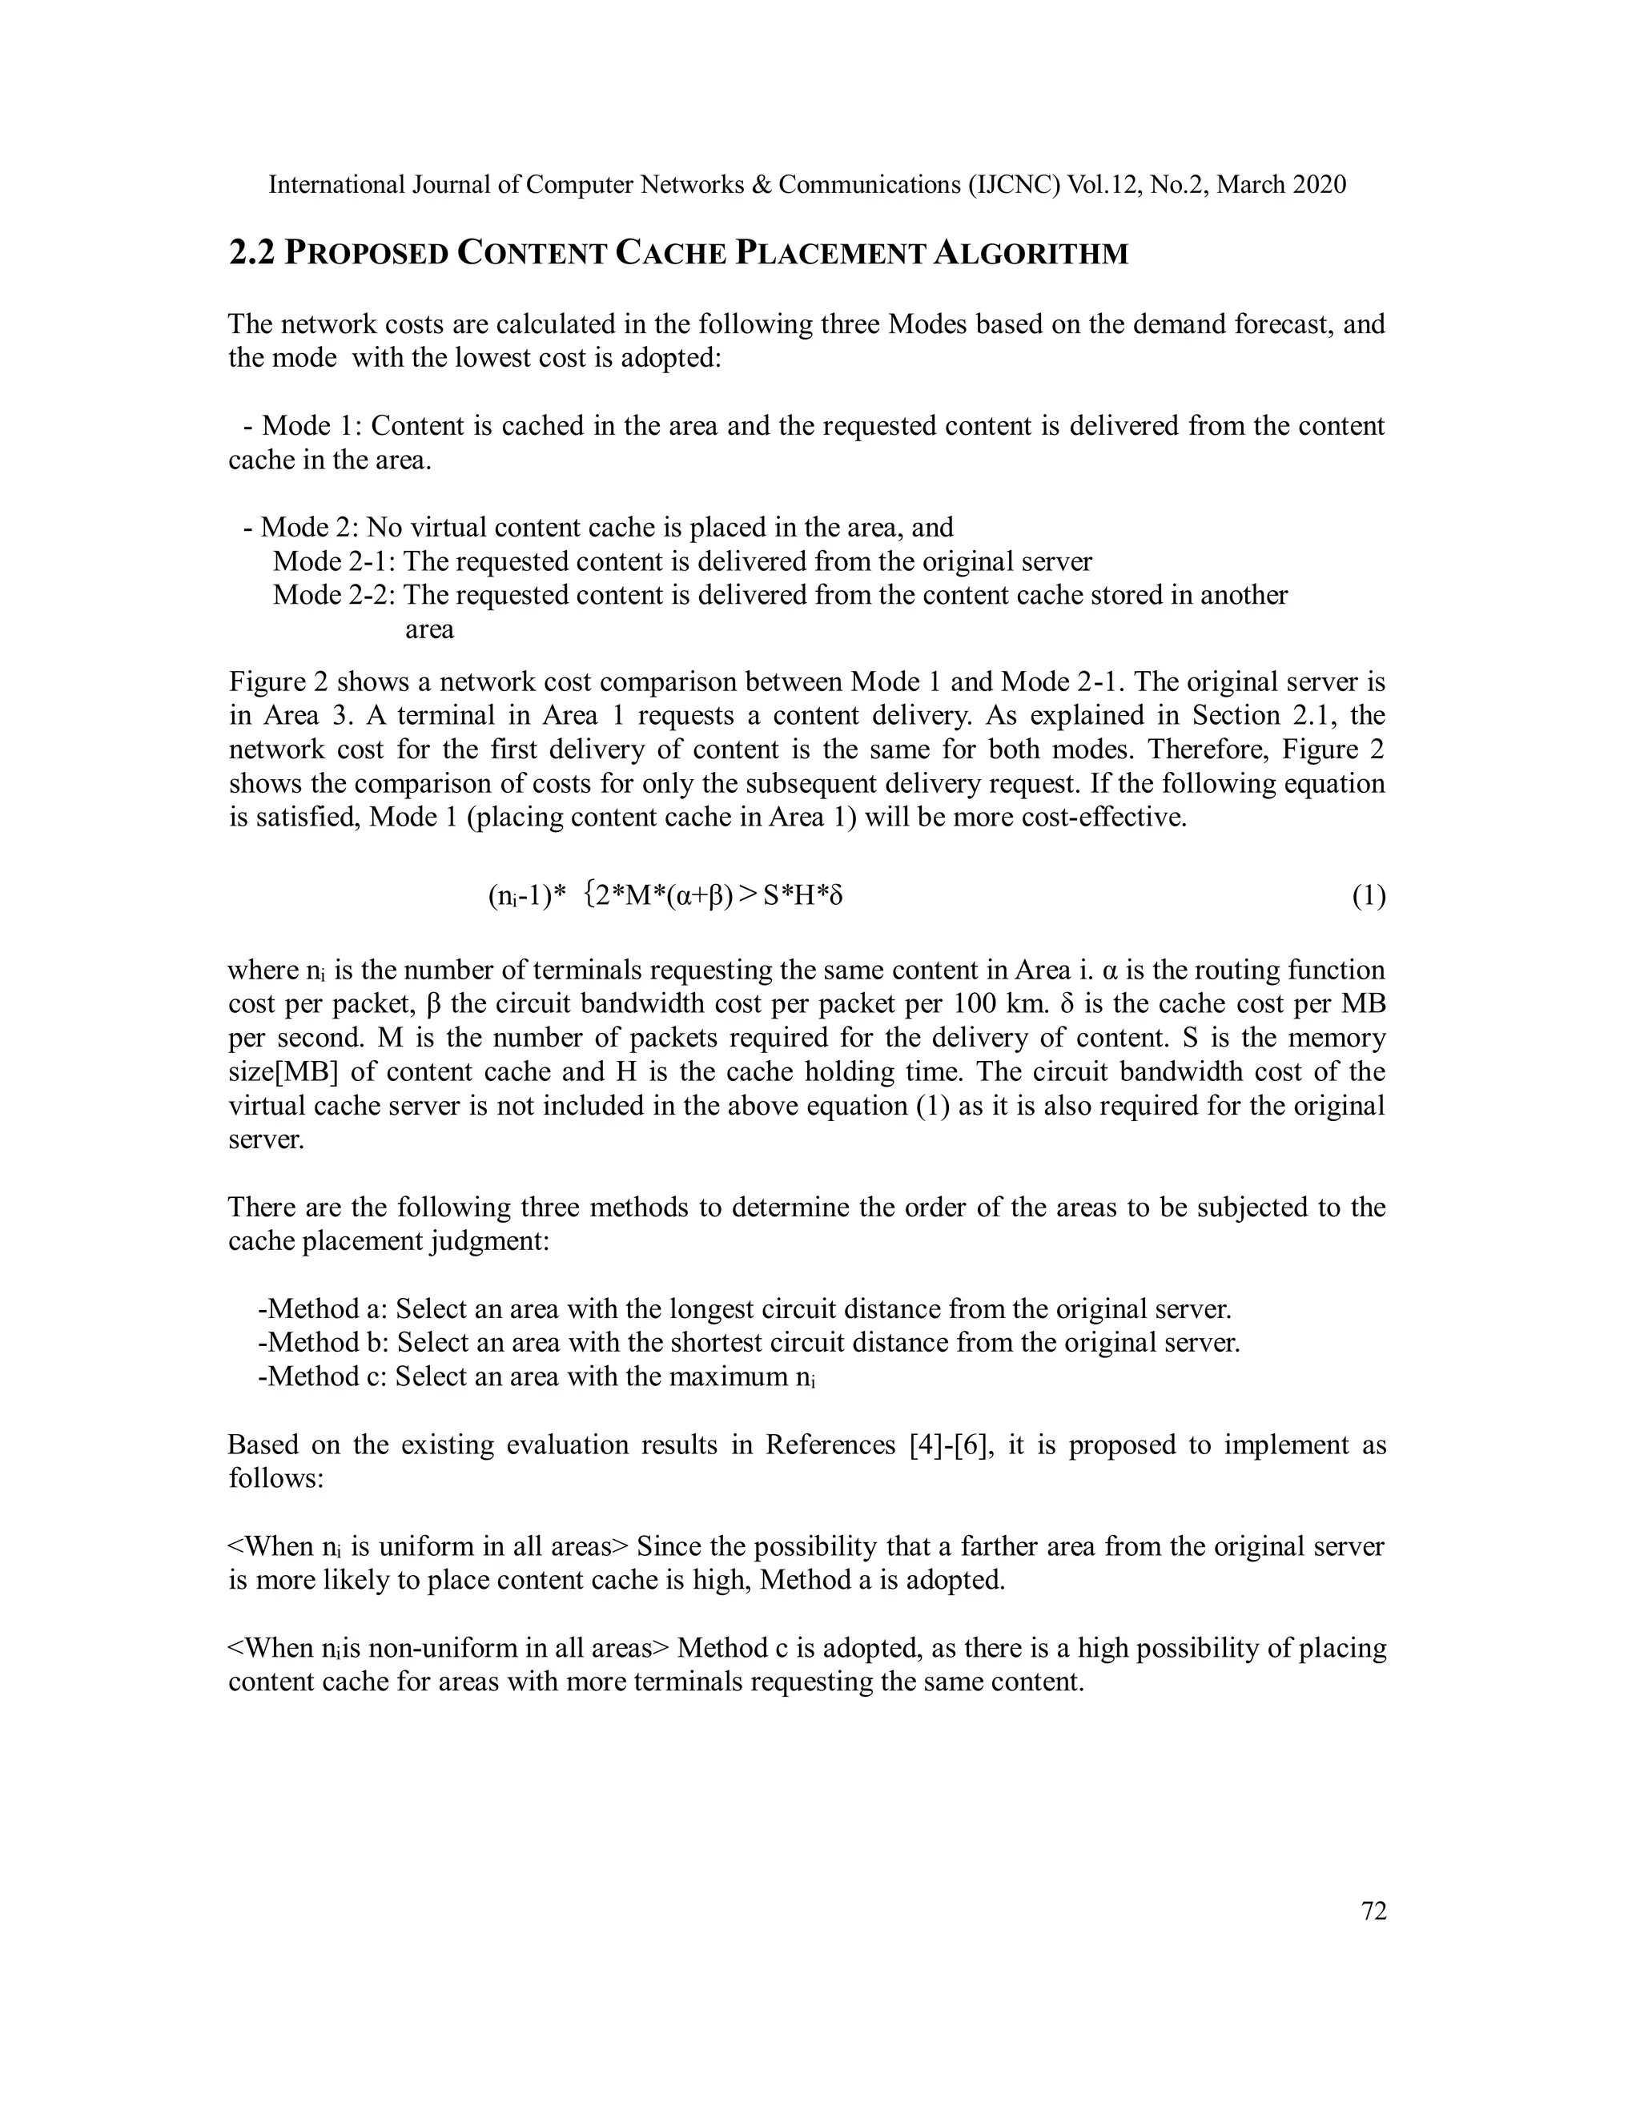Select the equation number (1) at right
click(1369, 895)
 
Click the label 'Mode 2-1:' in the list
click(336, 561)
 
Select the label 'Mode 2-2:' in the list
click(336, 595)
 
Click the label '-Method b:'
click(324, 1343)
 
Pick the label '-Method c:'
click(323, 1376)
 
